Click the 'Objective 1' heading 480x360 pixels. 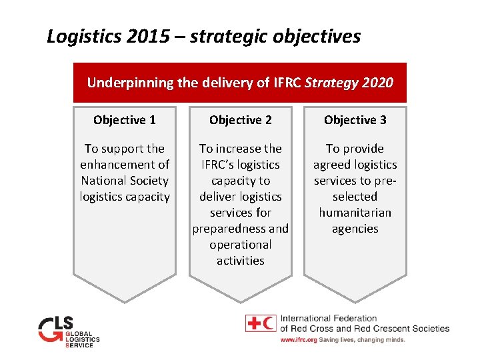click(125, 120)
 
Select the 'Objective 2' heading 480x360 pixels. click(241, 120)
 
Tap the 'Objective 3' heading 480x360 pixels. click(355, 120)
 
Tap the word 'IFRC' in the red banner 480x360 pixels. click(288, 83)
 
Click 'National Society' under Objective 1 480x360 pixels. click(125, 181)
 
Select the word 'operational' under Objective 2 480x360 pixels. click(241, 245)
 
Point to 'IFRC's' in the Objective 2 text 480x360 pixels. click(224, 165)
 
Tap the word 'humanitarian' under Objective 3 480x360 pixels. click(355, 213)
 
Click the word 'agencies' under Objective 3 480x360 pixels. click(355, 229)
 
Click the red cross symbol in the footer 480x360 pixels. click(253, 323)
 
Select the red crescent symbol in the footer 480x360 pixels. click(269, 323)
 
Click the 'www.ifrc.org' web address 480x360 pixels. click(298, 340)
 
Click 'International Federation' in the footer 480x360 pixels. click(329, 319)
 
